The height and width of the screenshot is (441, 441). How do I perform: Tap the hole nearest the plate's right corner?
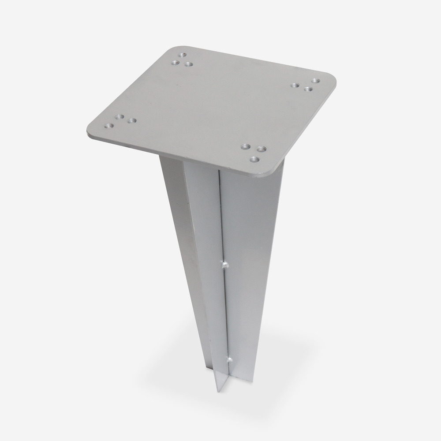315,81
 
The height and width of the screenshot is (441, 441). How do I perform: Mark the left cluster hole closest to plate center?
131,120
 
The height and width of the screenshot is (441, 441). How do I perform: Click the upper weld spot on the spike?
225,265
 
